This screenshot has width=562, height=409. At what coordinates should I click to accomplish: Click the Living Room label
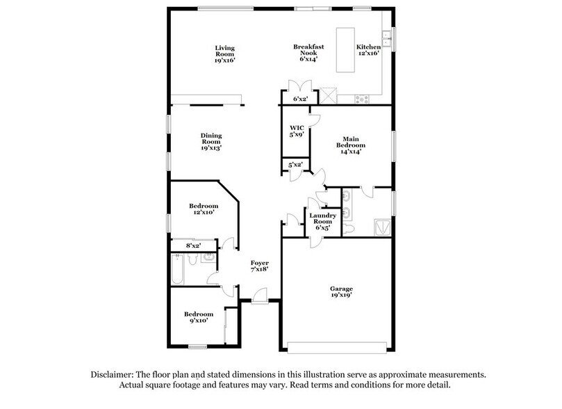click(224, 54)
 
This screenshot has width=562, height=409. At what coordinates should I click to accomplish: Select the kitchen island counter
click(345, 49)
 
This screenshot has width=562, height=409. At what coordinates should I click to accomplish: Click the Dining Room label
click(210, 141)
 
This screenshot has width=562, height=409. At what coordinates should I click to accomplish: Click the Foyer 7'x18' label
click(259, 266)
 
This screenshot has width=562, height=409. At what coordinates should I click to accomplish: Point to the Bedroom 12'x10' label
click(204, 209)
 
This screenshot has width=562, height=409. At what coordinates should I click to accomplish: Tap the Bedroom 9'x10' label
click(199, 318)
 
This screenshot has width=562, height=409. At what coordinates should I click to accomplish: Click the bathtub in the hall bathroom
click(177, 269)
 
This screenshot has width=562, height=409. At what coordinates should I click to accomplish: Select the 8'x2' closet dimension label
click(194, 246)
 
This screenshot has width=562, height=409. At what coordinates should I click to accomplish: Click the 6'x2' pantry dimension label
click(300, 99)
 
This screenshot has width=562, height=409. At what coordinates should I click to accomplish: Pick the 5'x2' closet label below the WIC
click(295, 166)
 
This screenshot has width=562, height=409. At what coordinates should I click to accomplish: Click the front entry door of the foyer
click(258, 298)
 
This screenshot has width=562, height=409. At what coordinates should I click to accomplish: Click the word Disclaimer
click(113, 374)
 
